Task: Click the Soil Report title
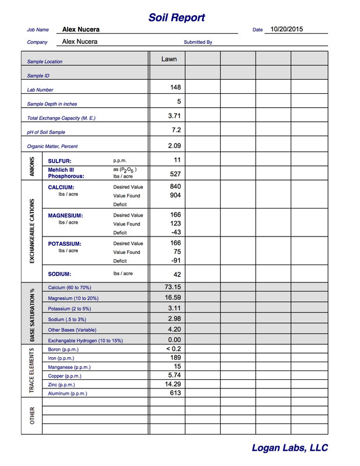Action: coord(177,17)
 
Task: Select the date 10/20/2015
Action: coord(287,29)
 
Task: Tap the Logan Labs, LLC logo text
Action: coord(290,448)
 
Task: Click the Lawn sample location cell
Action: coord(169,59)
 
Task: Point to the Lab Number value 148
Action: coord(175,87)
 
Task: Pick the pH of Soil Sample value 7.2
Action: coord(177,130)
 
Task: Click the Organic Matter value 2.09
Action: coord(174,145)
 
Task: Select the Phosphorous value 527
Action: coord(175,174)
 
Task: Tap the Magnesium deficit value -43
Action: coord(175,232)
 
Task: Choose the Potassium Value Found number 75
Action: coord(177,252)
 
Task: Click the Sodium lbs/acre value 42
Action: coord(177,274)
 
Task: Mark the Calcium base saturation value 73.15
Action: coord(173,287)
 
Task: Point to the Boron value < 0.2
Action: coord(174,348)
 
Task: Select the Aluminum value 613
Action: coord(175,393)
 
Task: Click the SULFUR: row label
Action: coord(60,160)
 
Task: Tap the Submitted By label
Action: coord(198,43)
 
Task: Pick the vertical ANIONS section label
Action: coord(31,167)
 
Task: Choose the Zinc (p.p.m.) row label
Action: coord(61,385)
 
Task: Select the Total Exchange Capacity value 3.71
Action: coord(174,116)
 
